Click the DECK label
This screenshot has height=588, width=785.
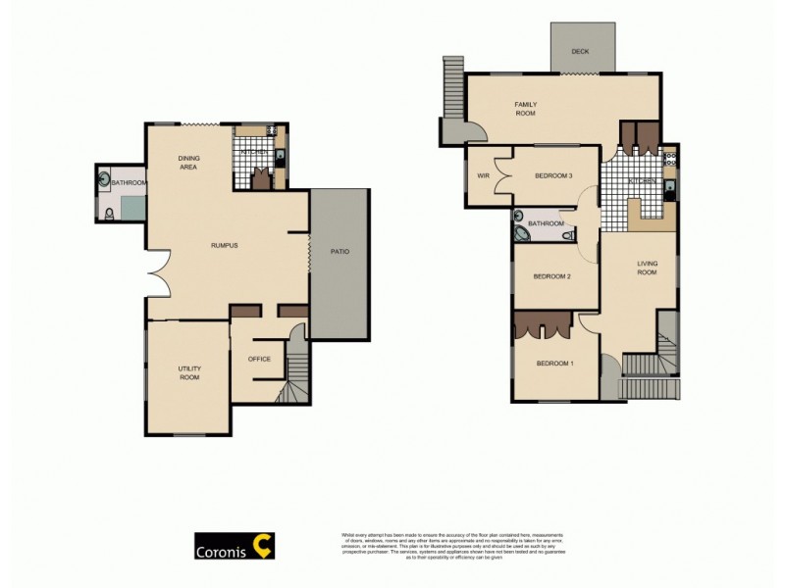(x=580, y=51)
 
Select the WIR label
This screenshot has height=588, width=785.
(x=483, y=175)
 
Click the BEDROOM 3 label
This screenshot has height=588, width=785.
(x=553, y=175)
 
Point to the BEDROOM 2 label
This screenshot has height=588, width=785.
(x=551, y=276)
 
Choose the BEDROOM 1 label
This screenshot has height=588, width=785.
(x=554, y=364)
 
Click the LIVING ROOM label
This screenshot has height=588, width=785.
(x=647, y=267)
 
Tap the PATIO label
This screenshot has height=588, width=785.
(x=340, y=252)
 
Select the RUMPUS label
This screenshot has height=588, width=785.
(x=226, y=245)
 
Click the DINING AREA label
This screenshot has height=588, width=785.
(x=187, y=163)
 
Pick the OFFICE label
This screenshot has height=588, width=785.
(x=259, y=359)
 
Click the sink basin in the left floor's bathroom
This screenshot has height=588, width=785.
(x=105, y=179)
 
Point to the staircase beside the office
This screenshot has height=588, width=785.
(x=294, y=377)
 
